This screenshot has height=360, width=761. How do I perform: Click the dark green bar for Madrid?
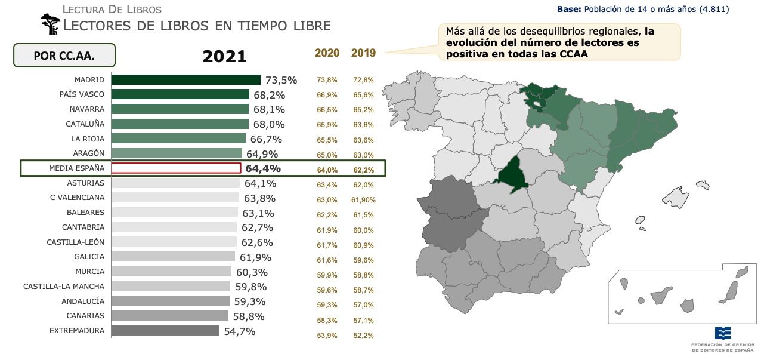pos(185,79)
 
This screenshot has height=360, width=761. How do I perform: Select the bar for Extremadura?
pos(165,331)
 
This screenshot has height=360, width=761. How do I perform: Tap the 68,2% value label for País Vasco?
pos(270,95)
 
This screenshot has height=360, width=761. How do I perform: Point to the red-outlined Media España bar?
pos(176,168)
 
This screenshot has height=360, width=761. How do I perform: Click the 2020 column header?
pos(327,53)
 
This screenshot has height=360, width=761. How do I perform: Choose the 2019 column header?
pos(363,53)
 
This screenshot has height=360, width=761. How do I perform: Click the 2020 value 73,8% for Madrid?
pos(327,80)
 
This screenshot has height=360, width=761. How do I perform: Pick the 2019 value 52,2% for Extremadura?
pos(363,336)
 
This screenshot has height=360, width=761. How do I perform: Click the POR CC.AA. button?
pos(64,56)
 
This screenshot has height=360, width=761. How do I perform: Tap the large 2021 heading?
pos(224,56)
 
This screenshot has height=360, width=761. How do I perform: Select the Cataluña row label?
pos(85,124)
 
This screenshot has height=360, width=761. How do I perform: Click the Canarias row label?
pos(85,316)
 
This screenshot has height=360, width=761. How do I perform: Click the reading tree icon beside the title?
pos(50,24)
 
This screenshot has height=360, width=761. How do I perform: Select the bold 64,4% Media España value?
pos(263,169)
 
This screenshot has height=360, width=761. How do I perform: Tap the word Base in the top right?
pos(568,10)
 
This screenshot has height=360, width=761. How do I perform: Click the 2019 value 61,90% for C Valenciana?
pos(363,200)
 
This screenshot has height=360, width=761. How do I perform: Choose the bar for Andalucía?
pos(170,301)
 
